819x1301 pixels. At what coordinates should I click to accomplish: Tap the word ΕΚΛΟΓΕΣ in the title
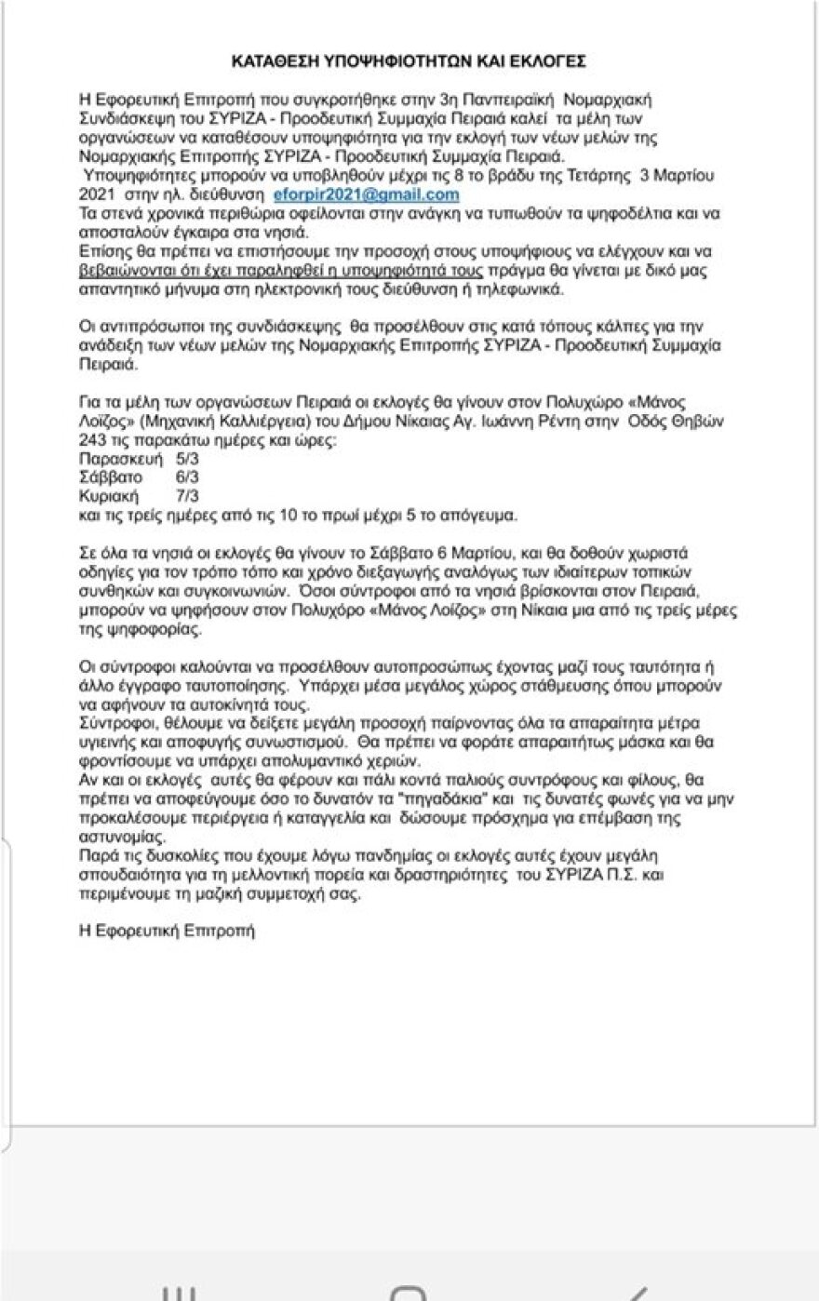point(552,61)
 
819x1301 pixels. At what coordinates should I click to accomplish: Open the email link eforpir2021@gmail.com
point(368,194)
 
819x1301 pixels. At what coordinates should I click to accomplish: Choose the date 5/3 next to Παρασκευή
point(187,460)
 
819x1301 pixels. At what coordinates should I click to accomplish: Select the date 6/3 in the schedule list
point(187,477)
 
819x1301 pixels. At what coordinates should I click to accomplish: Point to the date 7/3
point(187,495)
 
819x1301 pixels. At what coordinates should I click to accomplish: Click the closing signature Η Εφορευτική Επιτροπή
point(168,929)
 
